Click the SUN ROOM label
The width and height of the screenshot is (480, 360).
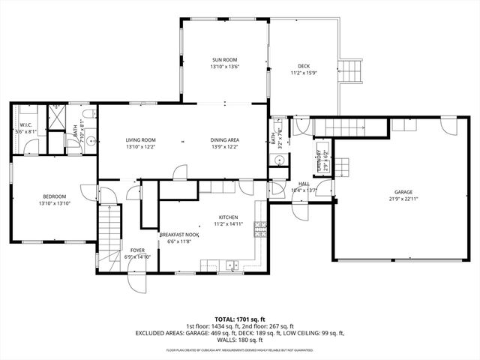click(x=224, y=59)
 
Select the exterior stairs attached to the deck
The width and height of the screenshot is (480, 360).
click(x=352, y=71)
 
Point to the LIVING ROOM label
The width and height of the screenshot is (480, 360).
click(x=140, y=140)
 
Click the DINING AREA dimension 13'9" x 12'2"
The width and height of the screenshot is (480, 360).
click(x=224, y=147)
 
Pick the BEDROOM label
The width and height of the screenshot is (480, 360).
click(x=54, y=196)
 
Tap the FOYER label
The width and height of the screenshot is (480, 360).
click(x=137, y=250)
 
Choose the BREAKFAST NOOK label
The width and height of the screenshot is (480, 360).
click(x=178, y=235)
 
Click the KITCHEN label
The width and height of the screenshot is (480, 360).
click(x=228, y=217)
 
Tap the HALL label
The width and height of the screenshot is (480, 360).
click(x=304, y=184)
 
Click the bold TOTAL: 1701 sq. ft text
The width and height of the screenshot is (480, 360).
click(x=240, y=318)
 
